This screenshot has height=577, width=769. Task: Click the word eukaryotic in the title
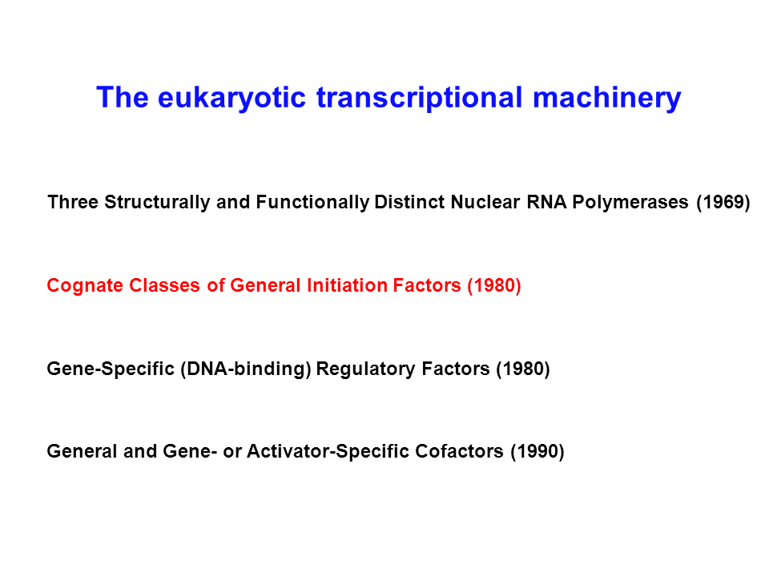pyautogui.click(x=232, y=98)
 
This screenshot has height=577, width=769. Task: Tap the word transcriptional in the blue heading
pyautogui.click(x=420, y=98)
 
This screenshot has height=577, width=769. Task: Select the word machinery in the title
pyautogui.click(x=607, y=98)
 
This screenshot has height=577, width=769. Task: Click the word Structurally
pyautogui.click(x=157, y=203)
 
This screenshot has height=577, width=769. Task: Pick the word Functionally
pyautogui.click(x=312, y=203)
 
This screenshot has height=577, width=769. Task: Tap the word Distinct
pyautogui.click(x=409, y=202)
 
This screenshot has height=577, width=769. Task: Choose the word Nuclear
pyautogui.click(x=485, y=202)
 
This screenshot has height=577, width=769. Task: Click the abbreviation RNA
pyautogui.click(x=546, y=202)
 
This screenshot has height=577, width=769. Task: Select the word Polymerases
pyautogui.click(x=630, y=203)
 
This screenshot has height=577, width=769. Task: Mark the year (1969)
pyautogui.click(x=723, y=203)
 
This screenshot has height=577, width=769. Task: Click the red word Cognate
pyautogui.click(x=85, y=286)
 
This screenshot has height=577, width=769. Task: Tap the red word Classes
pyautogui.click(x=164, y=285)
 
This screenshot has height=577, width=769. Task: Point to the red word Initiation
pyautogui.click(x=347, y=285)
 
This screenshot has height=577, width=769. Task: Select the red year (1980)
pyautogui.click(x=494, y=286)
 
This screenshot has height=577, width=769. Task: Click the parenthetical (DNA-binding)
pyautogui.click(x=246, y=369)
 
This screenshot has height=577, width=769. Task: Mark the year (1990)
pyautogui.click(x=537, y=452)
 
